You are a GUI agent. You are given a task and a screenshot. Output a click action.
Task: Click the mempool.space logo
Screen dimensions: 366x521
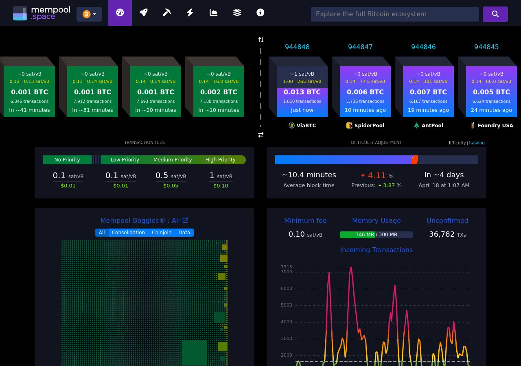(42, 13)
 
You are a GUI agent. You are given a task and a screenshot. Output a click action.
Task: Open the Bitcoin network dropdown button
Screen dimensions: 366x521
(89, 14)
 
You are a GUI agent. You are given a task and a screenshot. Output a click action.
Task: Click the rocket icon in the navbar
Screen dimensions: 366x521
(143, 13)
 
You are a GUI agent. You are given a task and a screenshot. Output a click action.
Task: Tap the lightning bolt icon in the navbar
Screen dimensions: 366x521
(190, 13)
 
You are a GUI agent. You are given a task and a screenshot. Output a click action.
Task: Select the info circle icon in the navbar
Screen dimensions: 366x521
(260, 13)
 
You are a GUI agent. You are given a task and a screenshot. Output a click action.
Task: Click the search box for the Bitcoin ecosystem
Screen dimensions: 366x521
(394, 14)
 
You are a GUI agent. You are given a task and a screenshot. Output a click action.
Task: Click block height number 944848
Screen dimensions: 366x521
(297, 47)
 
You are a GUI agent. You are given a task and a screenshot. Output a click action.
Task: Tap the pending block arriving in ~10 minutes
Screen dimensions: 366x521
(219, 91)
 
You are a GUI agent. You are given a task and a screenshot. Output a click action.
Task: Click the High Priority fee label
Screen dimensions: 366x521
(220, 160)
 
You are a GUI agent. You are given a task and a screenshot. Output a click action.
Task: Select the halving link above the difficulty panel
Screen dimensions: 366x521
(477, 143)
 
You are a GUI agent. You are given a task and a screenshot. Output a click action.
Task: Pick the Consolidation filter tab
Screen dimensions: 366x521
(128, 233)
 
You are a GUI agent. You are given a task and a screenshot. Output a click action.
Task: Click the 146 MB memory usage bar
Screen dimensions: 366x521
(376, 235)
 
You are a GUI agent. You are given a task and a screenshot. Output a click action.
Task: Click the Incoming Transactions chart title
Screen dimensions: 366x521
(376, 250)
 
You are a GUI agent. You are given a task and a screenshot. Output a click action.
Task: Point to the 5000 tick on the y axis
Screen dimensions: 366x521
(287, 305)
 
